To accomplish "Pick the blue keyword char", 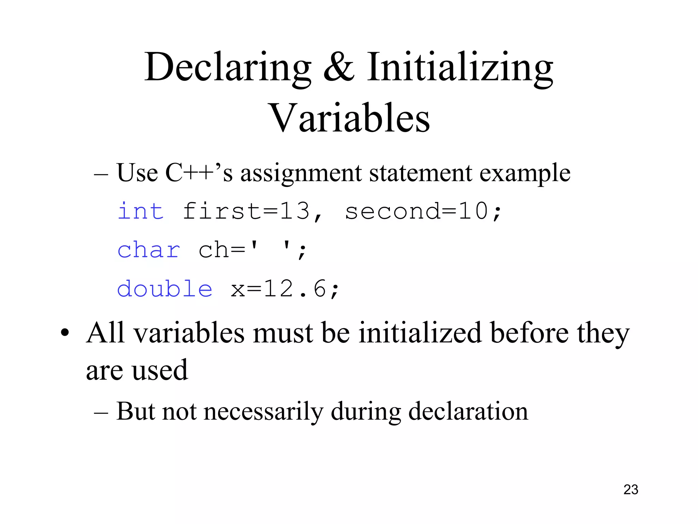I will [x=149, y=250].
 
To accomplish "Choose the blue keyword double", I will [x=165, y=289].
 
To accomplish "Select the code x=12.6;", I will [x=285, y=289].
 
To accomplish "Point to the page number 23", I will [x=631, y=490].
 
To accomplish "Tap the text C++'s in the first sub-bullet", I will [x=199, y=173].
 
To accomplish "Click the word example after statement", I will [x=525, y=173].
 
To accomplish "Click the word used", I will [x=160, y=370].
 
